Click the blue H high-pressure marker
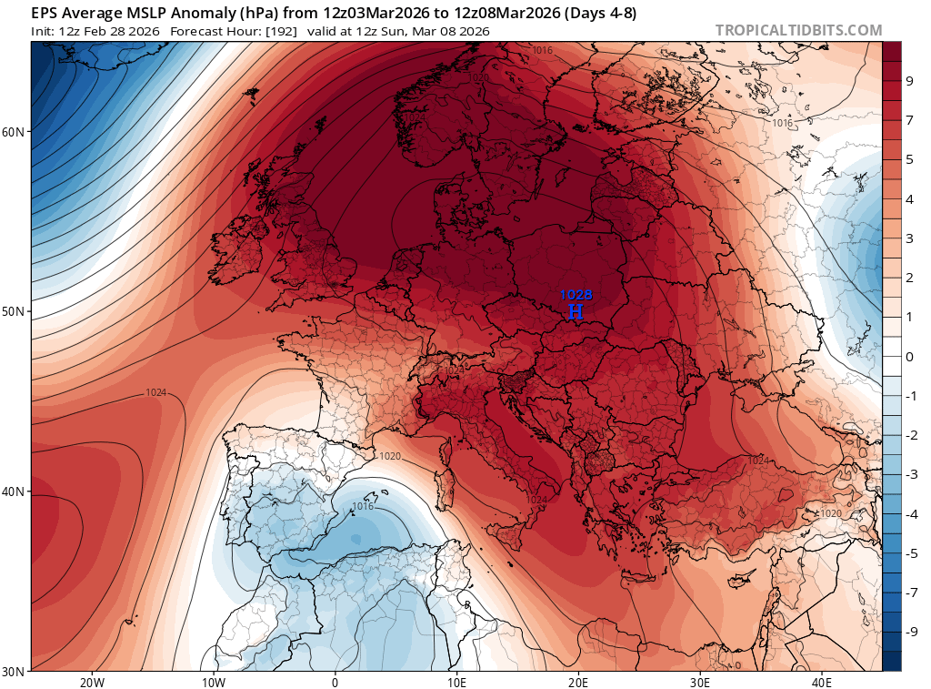(x=576, y=311)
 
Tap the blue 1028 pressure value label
(x=576, y=295)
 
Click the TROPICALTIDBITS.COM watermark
(x=798, y=30)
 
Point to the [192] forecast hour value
(x=278, y=31)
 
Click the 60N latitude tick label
(x=15, y=131)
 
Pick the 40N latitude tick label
(x=15, y=491)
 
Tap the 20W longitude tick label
(x=92, y=682)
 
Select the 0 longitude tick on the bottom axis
(x=335, y=682)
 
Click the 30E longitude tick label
(x=699, y=682)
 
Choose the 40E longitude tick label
(x=821, y=682)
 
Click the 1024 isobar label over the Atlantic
(x=155, y=393)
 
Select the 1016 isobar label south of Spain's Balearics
(x=362, y=506)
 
